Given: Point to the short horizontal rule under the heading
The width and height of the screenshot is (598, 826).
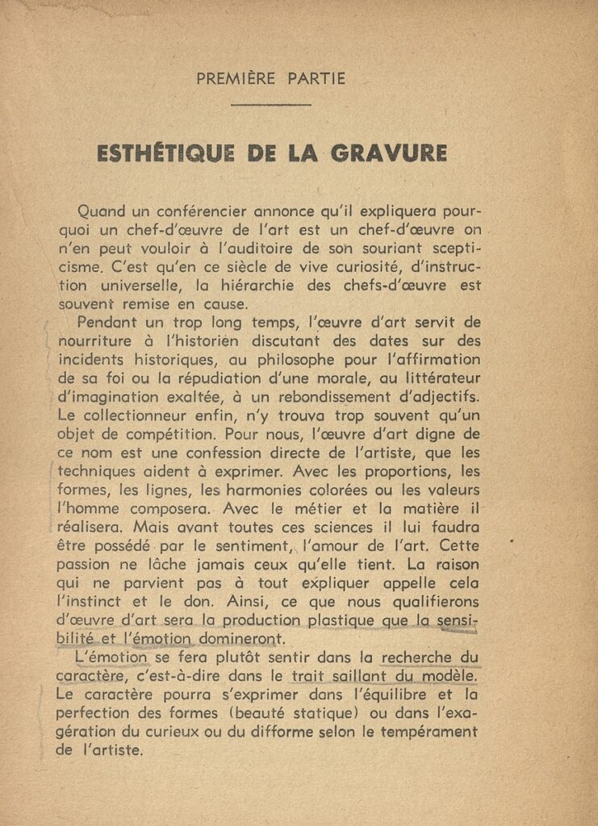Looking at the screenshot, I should tap(270, 105).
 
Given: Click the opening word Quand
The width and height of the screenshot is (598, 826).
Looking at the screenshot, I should tap(106, 212).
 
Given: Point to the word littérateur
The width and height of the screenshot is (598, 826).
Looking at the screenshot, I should tap(436, 378).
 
